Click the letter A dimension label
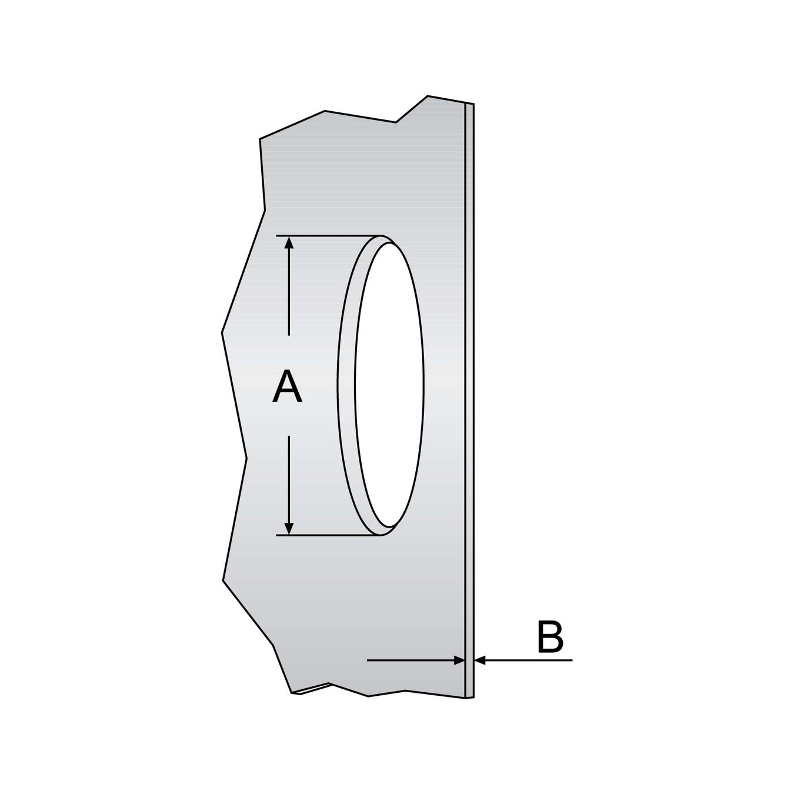[287, 387]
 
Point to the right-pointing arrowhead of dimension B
[459, 660]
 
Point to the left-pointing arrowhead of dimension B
[480, 660]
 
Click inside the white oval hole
[389, 382]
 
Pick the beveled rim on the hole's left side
[346, 382]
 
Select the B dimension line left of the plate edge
[412, 660]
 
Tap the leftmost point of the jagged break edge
[222, 333]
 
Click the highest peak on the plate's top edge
[428, 95]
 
